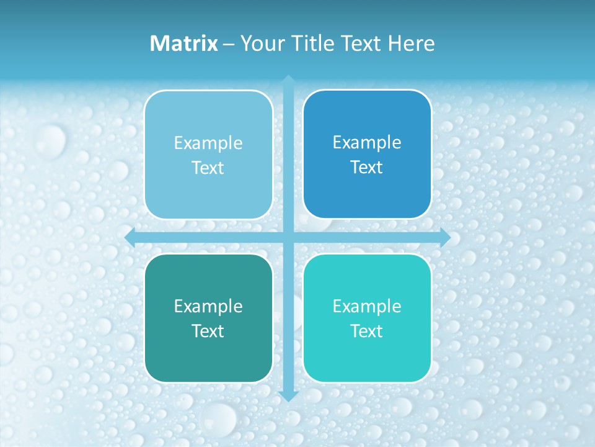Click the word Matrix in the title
184,43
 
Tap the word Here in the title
412,43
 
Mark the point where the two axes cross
288,237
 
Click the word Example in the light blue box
208,143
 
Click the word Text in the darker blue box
367,168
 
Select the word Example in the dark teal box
208,307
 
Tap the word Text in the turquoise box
367,332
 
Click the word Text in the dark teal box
208,332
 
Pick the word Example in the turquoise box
367,307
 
